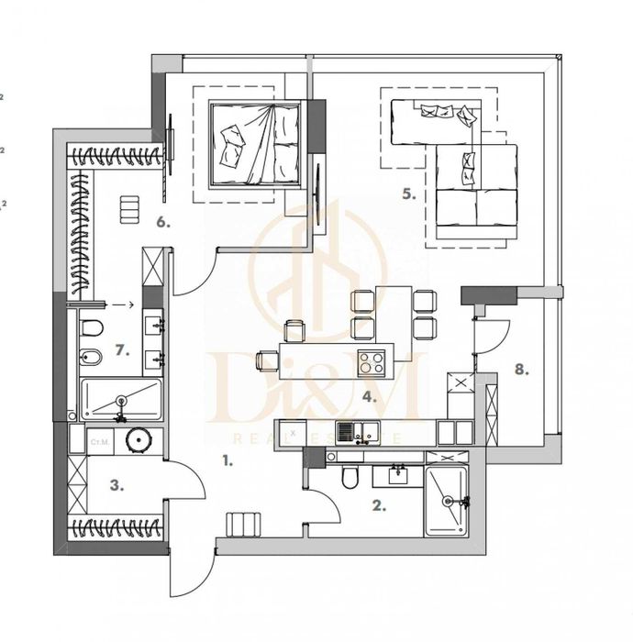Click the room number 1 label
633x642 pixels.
pos(227,461)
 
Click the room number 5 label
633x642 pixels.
pos(408,194)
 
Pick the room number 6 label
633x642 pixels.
pos(161,221)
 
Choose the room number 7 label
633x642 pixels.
pos(121,349)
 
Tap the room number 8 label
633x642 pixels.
pos(522,370)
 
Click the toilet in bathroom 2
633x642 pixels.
pos(348,479)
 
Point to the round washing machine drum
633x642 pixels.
pos(138,444)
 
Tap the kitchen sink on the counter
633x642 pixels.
pos(352,430)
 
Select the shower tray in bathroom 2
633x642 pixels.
pos(448,501)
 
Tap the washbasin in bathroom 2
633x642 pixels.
pos(399,475)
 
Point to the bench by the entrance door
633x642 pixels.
pos(243,526)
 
